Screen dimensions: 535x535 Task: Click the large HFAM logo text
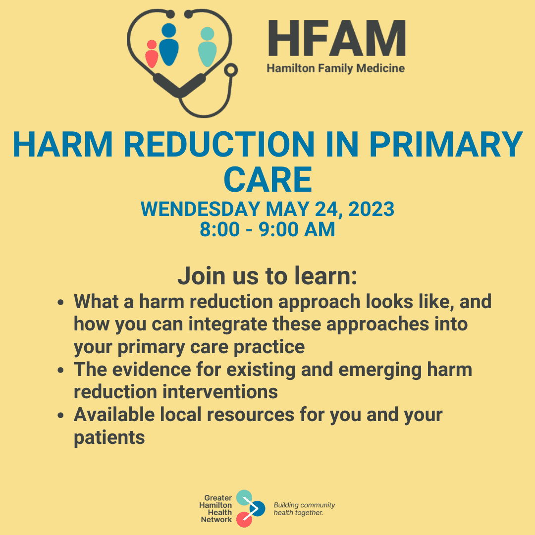click(337, 38)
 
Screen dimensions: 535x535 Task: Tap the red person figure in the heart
click(152, 54)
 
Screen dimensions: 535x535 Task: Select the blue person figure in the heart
click(169, 45)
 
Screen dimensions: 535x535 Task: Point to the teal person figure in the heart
click(208, 47)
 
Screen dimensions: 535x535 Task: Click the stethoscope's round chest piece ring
click(231, 70)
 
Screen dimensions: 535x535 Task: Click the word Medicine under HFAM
click(380, 68)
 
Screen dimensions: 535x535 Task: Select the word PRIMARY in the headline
click(446, 144)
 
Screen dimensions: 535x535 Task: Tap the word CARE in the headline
click(268, 180)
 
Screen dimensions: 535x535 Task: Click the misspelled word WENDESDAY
click(201, 209)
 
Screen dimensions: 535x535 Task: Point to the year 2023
click(371, 209)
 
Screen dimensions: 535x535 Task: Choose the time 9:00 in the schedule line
click(278, 229)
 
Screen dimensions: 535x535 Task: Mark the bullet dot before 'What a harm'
click(61, 302)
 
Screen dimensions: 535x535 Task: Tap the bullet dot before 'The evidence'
click(61, 370)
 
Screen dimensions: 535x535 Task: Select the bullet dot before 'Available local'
click(61, 415)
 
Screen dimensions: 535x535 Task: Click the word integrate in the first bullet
click(228, 324)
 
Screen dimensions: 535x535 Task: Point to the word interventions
click(220, 392)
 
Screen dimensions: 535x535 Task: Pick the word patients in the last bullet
click(109, 438)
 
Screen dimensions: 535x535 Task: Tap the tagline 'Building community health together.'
click(304, 509)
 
